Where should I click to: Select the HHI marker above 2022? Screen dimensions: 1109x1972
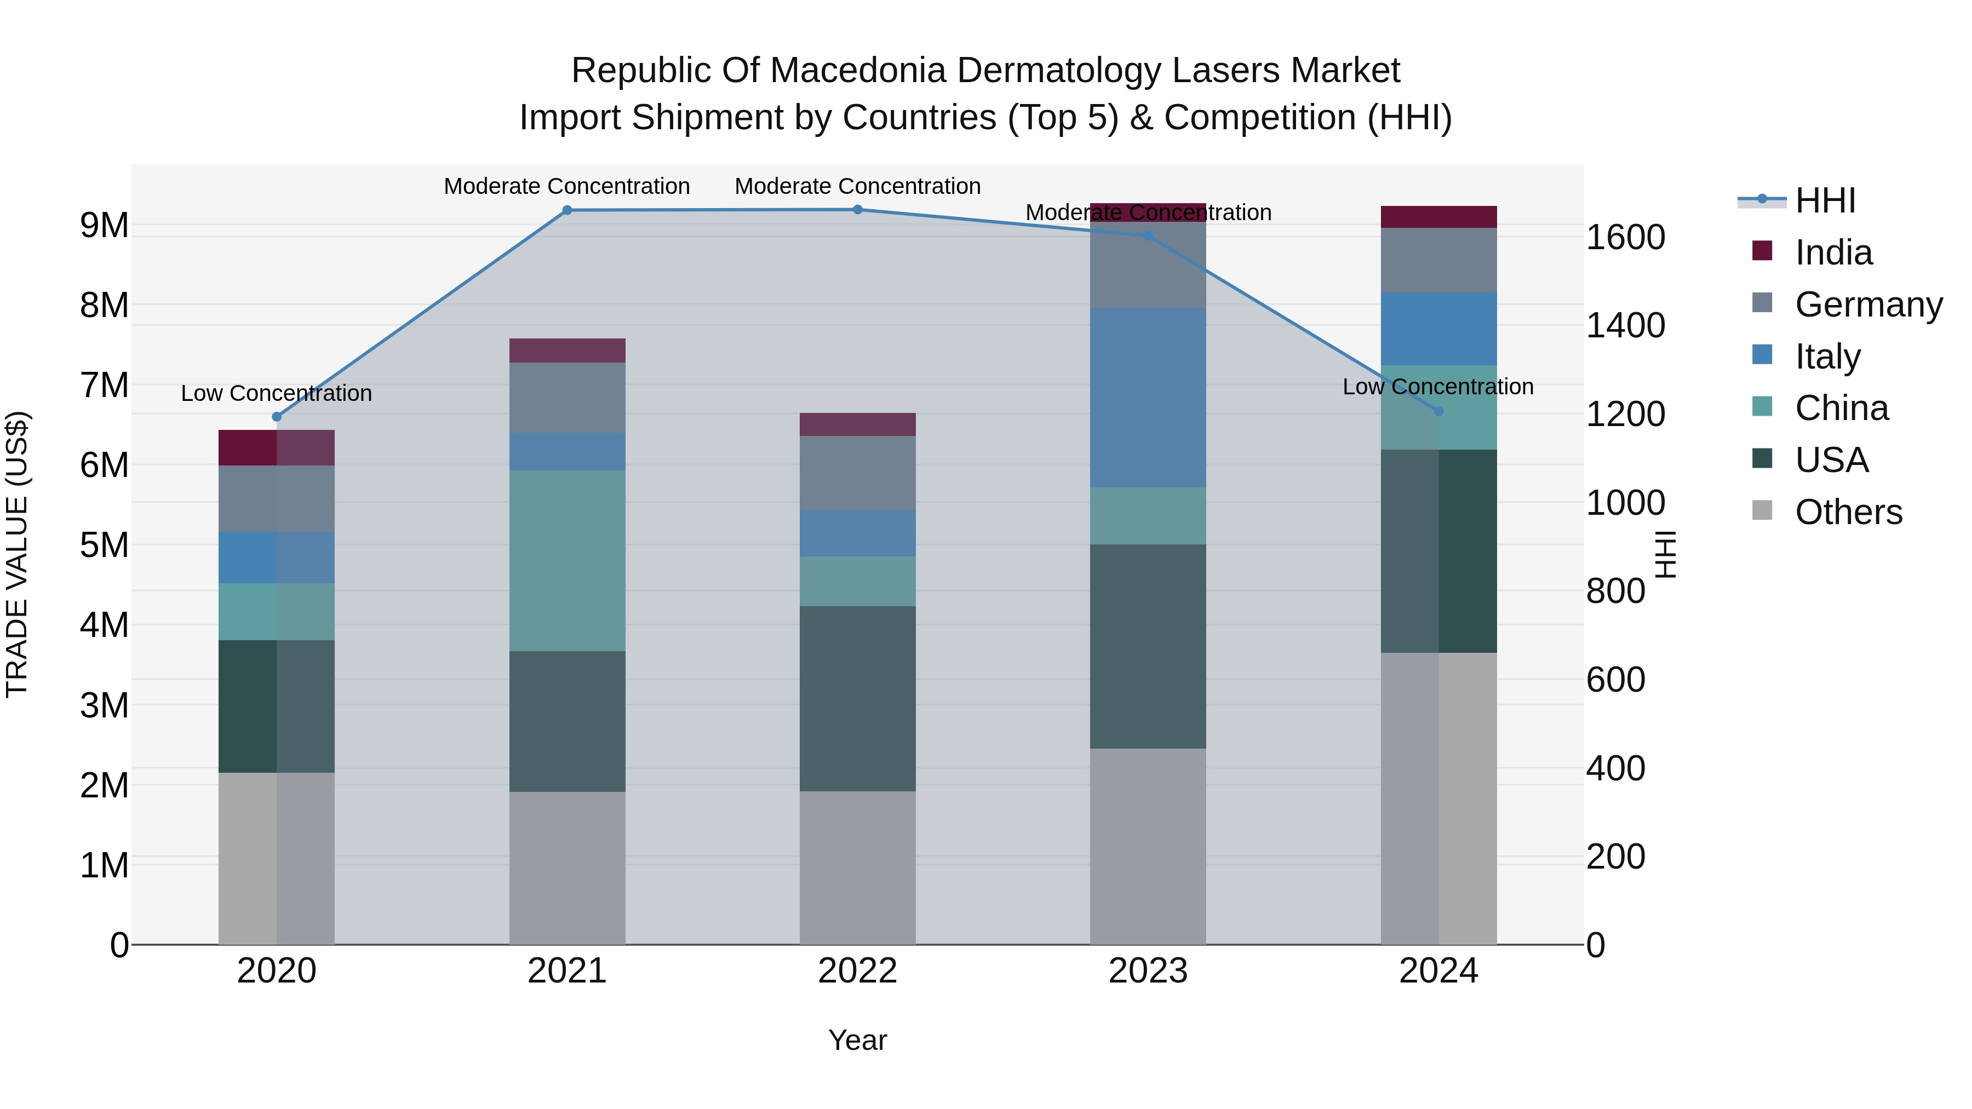[857, 210]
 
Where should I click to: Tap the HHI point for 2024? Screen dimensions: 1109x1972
[1438, 411]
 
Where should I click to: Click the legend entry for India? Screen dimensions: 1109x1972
[1833, 252]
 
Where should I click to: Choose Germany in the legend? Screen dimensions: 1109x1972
[1868, 304]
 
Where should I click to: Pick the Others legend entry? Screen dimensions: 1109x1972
[1848, 512]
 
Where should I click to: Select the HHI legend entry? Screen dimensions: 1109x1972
[1825, 200]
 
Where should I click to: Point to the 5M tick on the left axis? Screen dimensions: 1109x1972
[104, 545]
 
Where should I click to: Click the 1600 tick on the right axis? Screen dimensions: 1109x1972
[1625, 237]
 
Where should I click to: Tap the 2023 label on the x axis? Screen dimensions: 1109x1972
[1148, 971]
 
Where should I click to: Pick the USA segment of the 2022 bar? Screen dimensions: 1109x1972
[857, 698]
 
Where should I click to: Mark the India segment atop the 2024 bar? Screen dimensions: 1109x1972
[1438, 216]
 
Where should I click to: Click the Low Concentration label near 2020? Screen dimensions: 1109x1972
[277, 393]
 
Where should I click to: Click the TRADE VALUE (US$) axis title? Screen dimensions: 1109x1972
[17, 554]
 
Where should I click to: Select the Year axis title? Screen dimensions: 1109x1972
[857, 1040]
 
